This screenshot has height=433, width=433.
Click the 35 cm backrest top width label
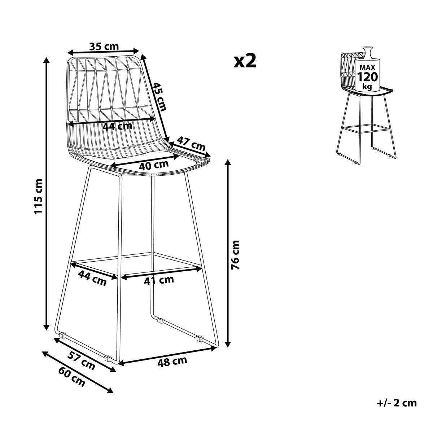coord(104,46)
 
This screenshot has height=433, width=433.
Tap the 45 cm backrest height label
coord(160,97)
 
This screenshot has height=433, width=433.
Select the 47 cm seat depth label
coord(191,144)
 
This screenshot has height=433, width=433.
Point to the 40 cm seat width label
coord(154,165)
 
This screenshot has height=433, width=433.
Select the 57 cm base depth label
coord(81,363)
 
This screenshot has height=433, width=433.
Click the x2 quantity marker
coord(245,61)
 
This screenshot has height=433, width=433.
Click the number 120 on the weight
coord(367,77)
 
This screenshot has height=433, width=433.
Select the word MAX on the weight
coord(367,67)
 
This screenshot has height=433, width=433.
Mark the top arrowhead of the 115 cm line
coord(47,60)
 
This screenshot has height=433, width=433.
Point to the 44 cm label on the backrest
coord(118,126)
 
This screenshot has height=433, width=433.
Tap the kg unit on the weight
coord(367,86)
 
